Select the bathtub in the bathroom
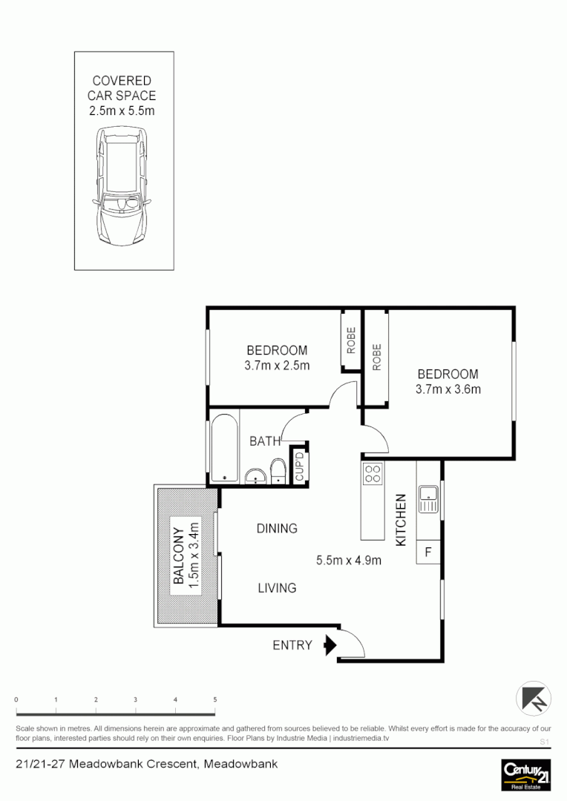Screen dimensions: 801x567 (x=223, y=447)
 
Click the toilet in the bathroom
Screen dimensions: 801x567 (x=278, y=470)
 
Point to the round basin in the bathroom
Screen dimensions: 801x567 (x=256, y=475)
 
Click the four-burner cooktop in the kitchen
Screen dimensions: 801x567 (x=373, y=472)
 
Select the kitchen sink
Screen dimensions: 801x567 (x=428, y=499)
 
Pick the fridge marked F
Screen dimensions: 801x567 (x=428, y=551)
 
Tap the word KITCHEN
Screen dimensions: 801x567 (x=401, y=520)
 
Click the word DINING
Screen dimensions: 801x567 (x=277, y=529)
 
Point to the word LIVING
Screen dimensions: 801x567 (x=277, y=588)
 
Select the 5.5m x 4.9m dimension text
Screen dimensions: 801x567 (x=349, y=561)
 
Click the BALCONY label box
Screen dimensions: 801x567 (x=186, y=556)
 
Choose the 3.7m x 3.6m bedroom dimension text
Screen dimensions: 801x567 (x=449, y=389)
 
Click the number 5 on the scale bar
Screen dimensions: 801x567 (x=214, y=699)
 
